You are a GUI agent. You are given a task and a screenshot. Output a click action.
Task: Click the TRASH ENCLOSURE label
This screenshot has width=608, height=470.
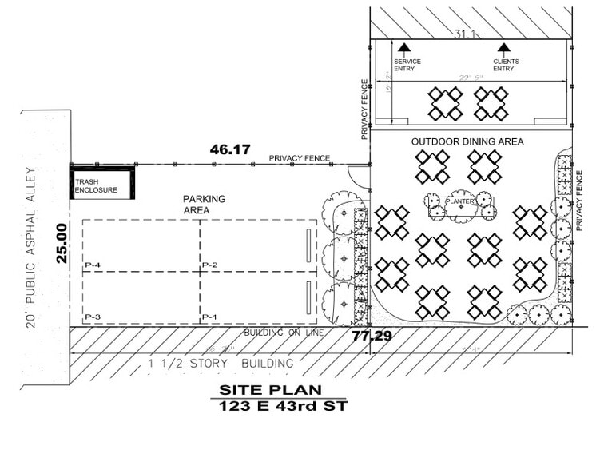coord(96,186)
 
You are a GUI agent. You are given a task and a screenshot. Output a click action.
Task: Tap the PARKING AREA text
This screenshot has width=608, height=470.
coord(205,205)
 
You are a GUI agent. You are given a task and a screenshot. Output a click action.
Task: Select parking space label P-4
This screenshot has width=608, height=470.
coord(92,265)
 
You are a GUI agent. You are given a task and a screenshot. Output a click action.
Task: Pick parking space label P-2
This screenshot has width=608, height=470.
coord(210,265)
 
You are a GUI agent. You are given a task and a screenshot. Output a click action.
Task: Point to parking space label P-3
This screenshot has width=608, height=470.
coord(92,317)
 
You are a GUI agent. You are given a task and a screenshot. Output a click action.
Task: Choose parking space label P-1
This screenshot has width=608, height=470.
coord(210,317)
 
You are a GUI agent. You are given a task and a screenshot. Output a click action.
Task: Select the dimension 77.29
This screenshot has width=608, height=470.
coord(372,336)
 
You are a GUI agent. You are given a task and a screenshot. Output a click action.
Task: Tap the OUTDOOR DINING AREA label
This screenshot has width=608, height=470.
coord(467,141)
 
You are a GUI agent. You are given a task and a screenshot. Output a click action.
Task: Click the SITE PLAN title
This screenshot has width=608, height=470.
coord(271,390)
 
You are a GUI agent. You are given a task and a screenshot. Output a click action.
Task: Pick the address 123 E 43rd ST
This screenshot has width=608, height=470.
coord(271,406)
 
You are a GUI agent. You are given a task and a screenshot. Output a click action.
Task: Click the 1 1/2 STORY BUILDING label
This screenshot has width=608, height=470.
coord(221,364)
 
